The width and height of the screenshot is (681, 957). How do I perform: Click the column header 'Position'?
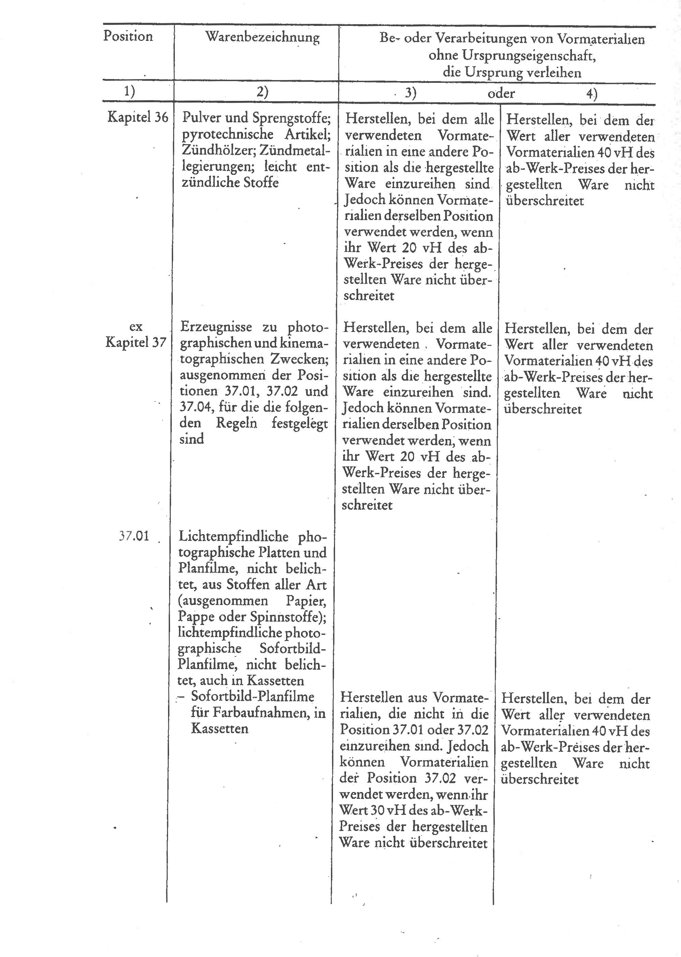click(x=128, y=36)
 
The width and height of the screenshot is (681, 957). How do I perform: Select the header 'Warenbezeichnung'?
click(x=262, y=37)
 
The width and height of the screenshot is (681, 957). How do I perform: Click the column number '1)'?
click(x=130, y=91)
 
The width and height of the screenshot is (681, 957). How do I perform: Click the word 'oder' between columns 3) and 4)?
click(x=501, y=93)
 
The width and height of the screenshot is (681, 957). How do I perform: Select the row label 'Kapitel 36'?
click(x=138, y=117)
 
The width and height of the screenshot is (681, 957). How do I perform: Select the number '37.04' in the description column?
click(x=195, y=407)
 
